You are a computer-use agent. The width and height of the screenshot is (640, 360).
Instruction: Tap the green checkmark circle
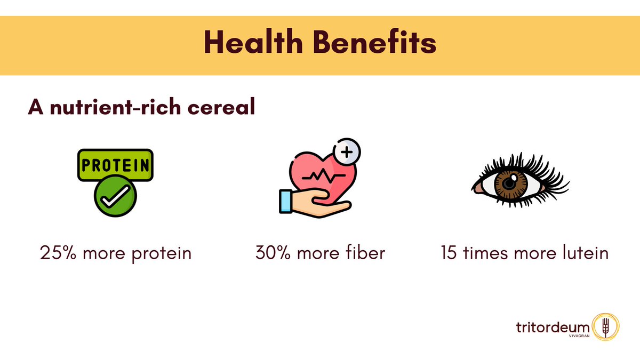point(115,197)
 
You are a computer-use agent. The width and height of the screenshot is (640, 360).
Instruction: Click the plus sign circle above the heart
point(346,153)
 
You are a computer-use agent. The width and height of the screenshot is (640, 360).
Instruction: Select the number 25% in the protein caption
point(56,252)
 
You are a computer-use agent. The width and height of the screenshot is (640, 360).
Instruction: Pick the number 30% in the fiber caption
point(272,252)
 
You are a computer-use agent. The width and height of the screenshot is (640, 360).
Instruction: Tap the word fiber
point(365,252)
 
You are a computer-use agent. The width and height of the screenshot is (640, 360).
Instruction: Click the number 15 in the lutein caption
point(448,252)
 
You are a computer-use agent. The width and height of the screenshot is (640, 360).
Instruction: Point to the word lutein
point(583,252)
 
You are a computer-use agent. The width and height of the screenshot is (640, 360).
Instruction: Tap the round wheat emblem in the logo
point(605,327)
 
